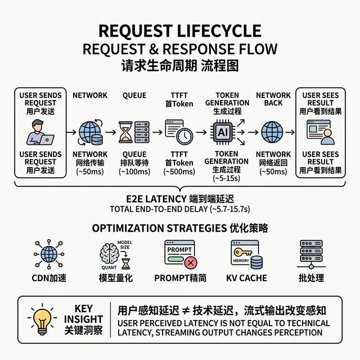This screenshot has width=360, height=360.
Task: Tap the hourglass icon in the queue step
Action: click(126, 133)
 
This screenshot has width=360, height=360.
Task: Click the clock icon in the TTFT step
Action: click(184, 135)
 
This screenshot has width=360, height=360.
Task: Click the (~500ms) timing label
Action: click(179, 172)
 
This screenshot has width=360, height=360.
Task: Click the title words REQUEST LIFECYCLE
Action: click(180, 30)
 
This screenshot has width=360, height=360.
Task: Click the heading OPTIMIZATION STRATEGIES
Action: click(156, 228)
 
